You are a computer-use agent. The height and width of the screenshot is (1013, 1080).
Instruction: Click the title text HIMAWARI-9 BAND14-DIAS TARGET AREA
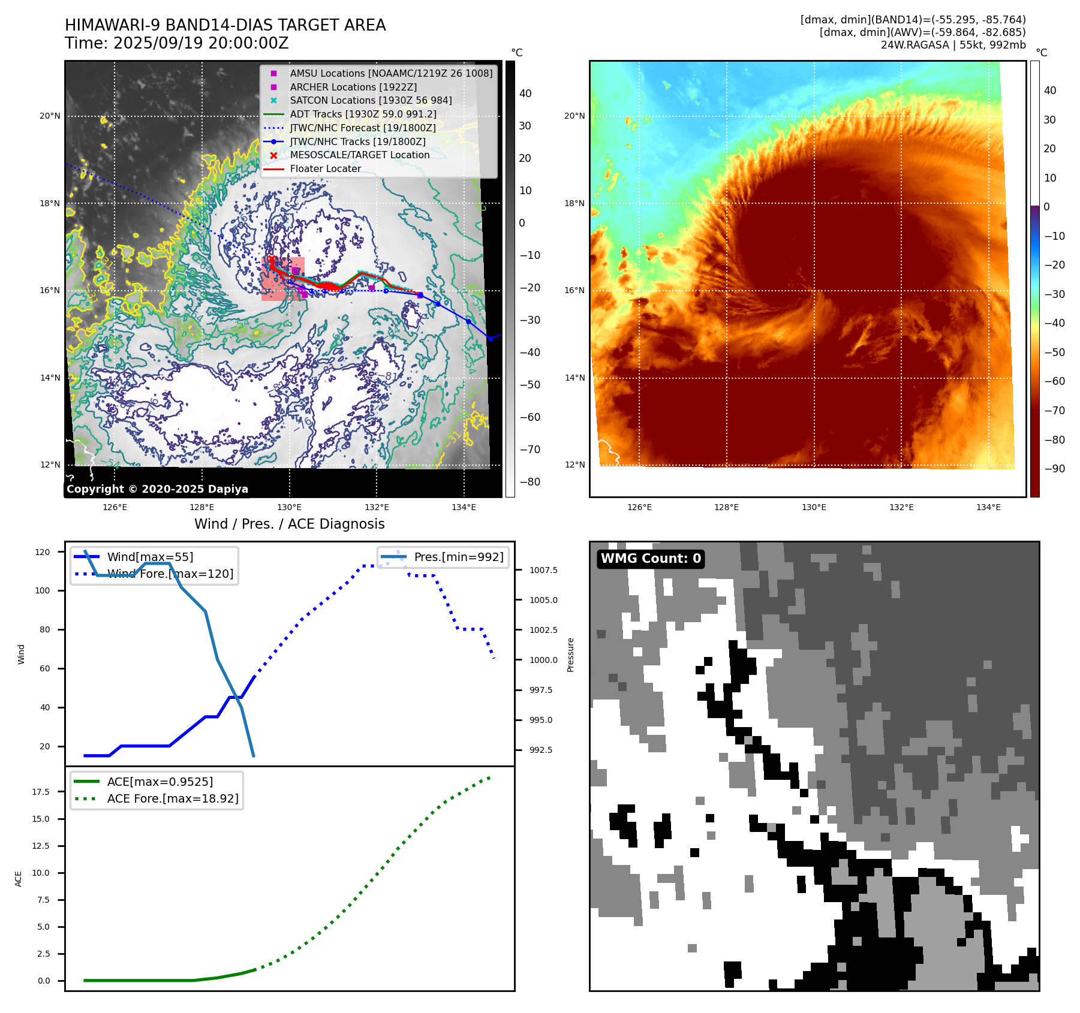pyautogui.click(x=225, y=25)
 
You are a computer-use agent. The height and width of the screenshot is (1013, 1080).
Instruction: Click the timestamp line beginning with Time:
pyautogui.click(x=176, y=43)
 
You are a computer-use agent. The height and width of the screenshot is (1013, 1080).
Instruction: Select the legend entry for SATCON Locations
pyautogui.click(x=371, y=100)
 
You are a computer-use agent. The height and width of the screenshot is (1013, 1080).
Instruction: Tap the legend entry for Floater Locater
pyautogui.click(x=325, y=168)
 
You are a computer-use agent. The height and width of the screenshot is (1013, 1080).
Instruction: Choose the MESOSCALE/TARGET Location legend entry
pyautogui.click(x=359, y=155)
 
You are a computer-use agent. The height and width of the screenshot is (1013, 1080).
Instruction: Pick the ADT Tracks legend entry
pyautogui.click(x=363, y=114)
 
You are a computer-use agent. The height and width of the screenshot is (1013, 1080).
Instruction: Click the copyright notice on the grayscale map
pyautogui.click(x=157, y=489)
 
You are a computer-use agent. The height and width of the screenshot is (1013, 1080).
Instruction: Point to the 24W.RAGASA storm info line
pyautogui.click(x=953, y=45)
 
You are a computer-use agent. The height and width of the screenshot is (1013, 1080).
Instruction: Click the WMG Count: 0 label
pyautogui.click(x=651, y=559)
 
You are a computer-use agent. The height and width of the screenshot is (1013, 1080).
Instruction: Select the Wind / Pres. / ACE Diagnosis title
pyautogui.click(x=289, y=524)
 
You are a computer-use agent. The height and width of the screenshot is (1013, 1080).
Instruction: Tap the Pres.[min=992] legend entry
pyautogui.click(x=459, y=557)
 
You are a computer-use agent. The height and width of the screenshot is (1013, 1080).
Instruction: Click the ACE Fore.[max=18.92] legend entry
pyautogui.click(x=172, y=798)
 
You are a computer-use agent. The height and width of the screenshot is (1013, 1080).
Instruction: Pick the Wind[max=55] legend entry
pyautogui.click(x=150, y=557)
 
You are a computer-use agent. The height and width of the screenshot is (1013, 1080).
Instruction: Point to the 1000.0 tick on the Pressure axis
pyautogui.click(x=543, y=660)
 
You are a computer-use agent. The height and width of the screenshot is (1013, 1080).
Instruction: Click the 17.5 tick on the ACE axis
pyautogui.click(x=41, y=792)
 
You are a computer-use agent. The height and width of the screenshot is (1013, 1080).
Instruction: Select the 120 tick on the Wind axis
pyautogui.click(x=43, y=552)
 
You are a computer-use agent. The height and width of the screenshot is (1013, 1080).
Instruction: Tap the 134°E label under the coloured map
pyautogui.click(x=988, y=507)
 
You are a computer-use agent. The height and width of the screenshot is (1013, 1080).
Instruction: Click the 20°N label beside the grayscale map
pyautogui.click(x=50, y=116)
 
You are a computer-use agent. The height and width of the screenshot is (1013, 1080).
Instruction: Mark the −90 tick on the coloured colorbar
pyautogui.click(x=1054, y=469)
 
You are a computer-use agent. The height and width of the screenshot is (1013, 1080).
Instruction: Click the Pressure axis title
pyautogui.click(x=570, y=655)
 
